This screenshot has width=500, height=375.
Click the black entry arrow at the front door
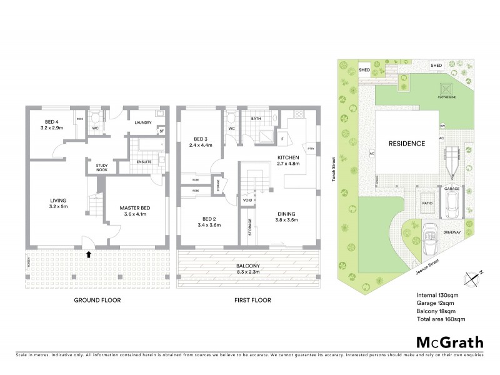point(88,254)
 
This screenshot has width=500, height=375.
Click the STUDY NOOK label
point(101,167)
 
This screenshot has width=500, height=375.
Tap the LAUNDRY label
point(144,122)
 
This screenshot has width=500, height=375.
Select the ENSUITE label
point(144,161)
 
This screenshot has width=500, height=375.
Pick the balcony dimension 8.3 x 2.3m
point(249,269)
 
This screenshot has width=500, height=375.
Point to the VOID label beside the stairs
point(247,201)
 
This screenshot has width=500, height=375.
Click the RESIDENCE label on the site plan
point(407,143)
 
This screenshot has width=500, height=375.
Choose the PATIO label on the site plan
point(427,203)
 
